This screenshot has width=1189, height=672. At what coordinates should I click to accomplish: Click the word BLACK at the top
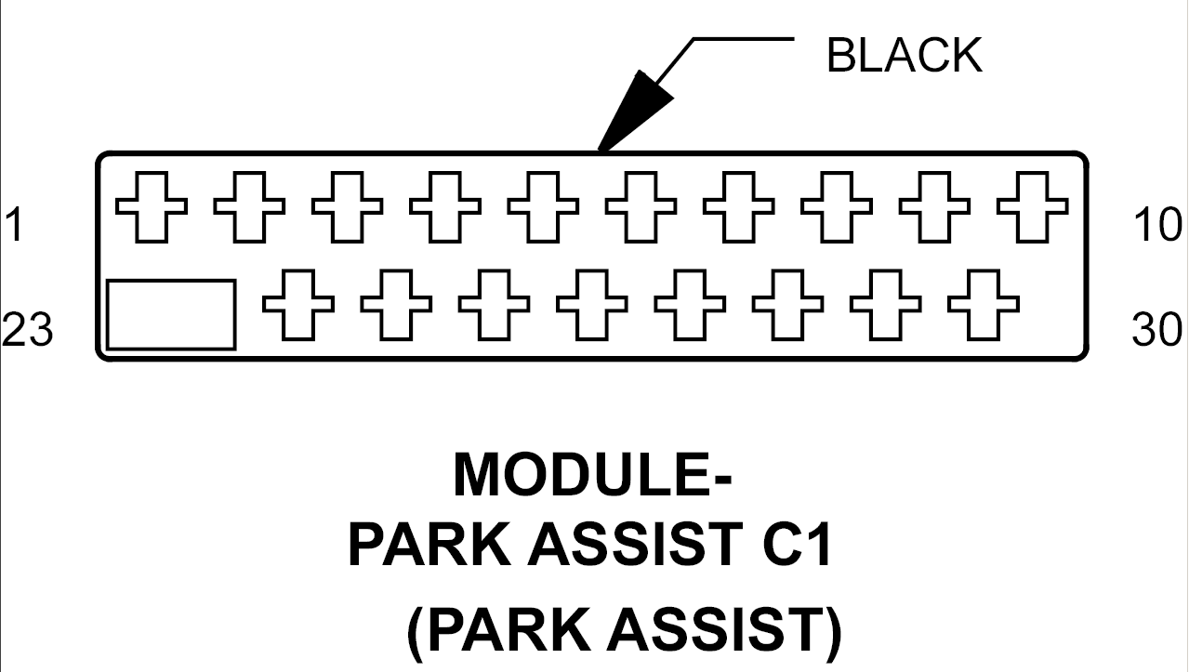904,57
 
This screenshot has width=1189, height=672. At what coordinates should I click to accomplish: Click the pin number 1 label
13,225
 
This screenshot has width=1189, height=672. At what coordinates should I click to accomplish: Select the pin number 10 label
1157,225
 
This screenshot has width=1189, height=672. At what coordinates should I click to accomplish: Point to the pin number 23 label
27,330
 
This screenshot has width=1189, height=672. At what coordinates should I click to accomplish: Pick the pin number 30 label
1157,330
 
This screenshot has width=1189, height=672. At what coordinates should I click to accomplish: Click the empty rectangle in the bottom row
171,315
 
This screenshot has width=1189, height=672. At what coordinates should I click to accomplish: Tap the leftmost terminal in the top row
151,206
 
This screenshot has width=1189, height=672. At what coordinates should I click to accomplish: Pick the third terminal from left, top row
347,206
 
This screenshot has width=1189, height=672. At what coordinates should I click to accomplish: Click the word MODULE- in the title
592,474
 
